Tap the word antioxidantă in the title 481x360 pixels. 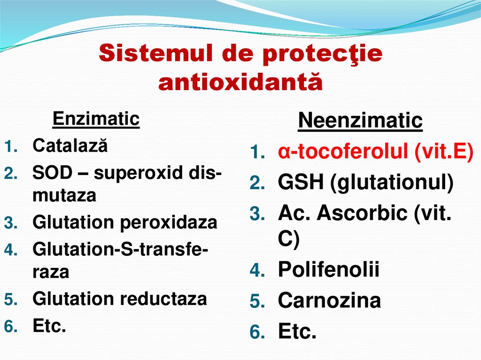[x=240, y=82]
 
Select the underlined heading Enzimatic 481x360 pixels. [x=96, y=119]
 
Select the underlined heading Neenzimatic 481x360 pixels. [x=360, y=121]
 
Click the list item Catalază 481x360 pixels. [x=70, y=146]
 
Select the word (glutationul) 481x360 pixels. [x=392, y=183]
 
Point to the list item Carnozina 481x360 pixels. [x=329, y=300]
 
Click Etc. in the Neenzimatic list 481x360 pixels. [x=297, y=332]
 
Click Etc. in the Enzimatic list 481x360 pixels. [x=49, y=325]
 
